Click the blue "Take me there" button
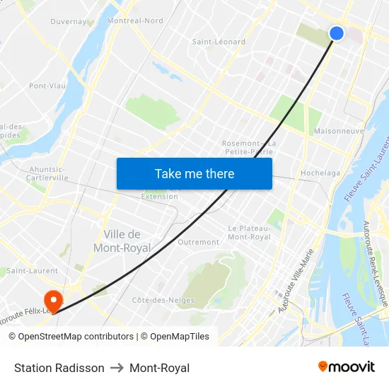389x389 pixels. pyautogui.click(x=194, y=173)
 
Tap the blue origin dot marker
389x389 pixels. pyautogui.click(x=337, y=33)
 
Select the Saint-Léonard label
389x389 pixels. pyautogui.click(x=219, y=42)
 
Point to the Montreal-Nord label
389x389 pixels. pyautogui.click(x=134, y=21)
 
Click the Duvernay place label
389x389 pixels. pyautogui.click(x=69, y=22)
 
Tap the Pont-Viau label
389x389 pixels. pyautogui.click(x=47, y=86)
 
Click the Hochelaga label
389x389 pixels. pyautogui.click(x=320, y=173)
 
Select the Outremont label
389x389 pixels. pyautogui.click(x=199, y=242)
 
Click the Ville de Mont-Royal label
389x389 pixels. pyautogui.click(x=122, y=241)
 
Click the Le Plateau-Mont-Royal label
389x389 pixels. pyautogui.click(x=249, y=233)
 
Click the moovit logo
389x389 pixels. pyautogui.click(x=347, y=366)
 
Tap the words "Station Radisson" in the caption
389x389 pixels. pyautogui.click(x=59, y=368)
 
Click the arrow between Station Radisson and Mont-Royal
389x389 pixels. pyautogui.click(x=117, y=368)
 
